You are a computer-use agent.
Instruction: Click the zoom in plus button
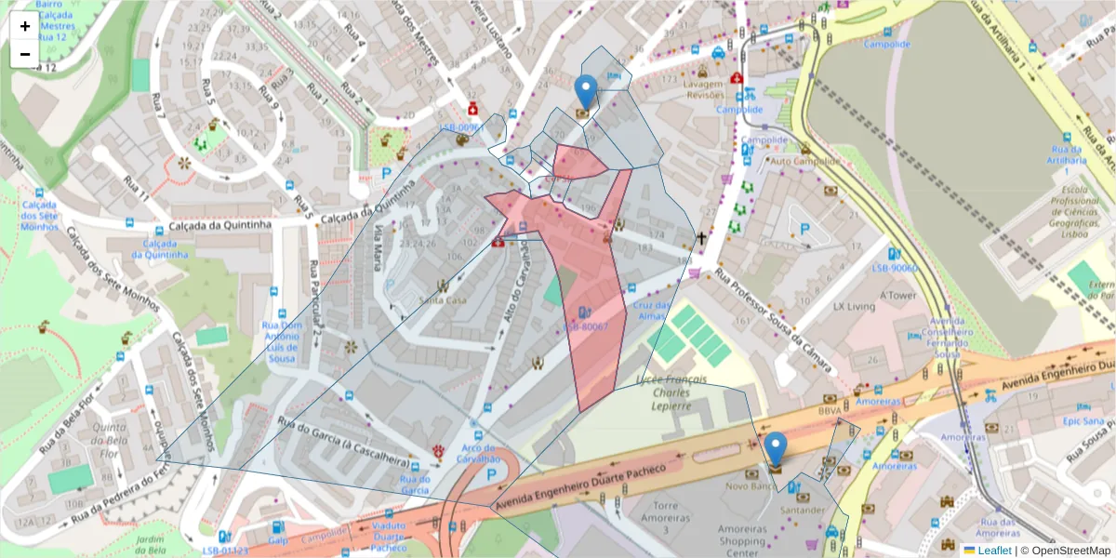pyautogui.click(x=25, y=26)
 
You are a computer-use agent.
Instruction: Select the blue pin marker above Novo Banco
pyautogui.click(x=776, y=450)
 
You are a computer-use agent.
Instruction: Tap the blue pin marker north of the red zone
pyautogui.click(x=585, y=92)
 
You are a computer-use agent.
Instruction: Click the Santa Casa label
pyautogui.click(x=443, y=299)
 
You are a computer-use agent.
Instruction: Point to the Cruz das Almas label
pyautogui.click(x=652, y=311)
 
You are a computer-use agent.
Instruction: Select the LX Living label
pyautogui.click(x=854, y=306)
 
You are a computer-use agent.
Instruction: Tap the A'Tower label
pyautogui.click(x=897, y=295)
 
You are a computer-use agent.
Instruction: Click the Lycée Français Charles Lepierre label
pyautogui.click(x=672, y=393)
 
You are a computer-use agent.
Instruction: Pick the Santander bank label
pyautogui.click(x=803, y=510)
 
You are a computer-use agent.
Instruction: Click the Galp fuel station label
pyautogui.click(x=278, y=539)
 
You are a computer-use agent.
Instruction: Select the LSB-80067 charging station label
pyautogui.click(x=585, y=326)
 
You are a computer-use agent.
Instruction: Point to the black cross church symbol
pyautogui.click(x=702, y=239)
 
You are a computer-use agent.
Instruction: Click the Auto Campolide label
pyautogui.click(x=805, y=161)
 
